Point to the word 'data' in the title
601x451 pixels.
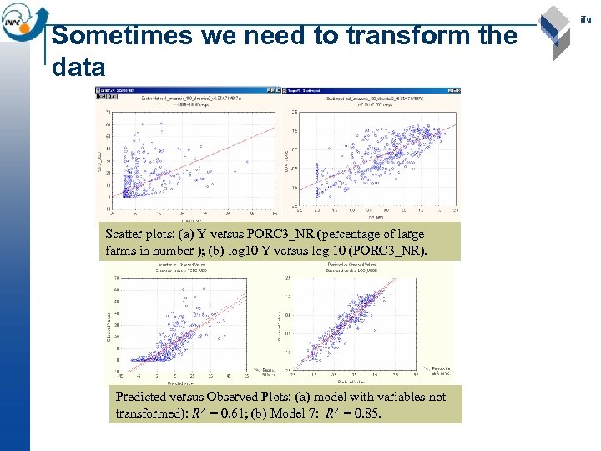78,67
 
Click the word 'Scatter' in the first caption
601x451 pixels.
124,234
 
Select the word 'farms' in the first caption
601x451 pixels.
124,250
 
